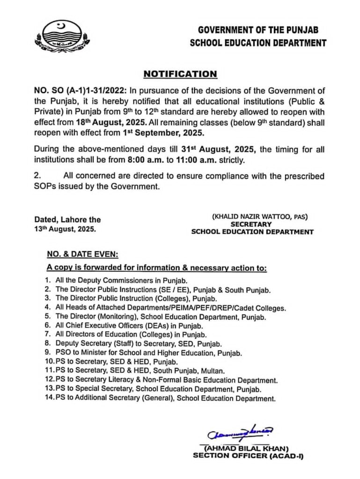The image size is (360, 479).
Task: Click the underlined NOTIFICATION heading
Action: click(180, 74)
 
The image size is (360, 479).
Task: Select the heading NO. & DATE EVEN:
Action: click(82, 255)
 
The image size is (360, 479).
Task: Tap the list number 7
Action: click(47, 334)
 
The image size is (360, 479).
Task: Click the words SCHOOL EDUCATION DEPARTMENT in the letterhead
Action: click(258, 43)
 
